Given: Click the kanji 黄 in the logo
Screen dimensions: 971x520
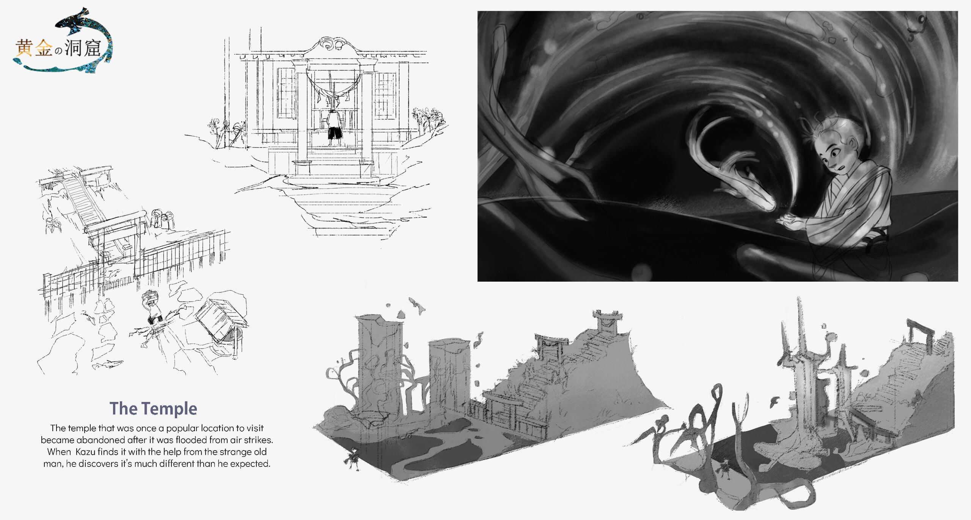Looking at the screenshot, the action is pos(24,48).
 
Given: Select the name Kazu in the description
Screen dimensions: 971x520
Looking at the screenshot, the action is pos(85,452).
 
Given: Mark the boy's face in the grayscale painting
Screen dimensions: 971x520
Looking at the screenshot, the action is pos(834,152).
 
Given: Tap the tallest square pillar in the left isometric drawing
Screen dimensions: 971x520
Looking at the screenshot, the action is pos(379,364).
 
